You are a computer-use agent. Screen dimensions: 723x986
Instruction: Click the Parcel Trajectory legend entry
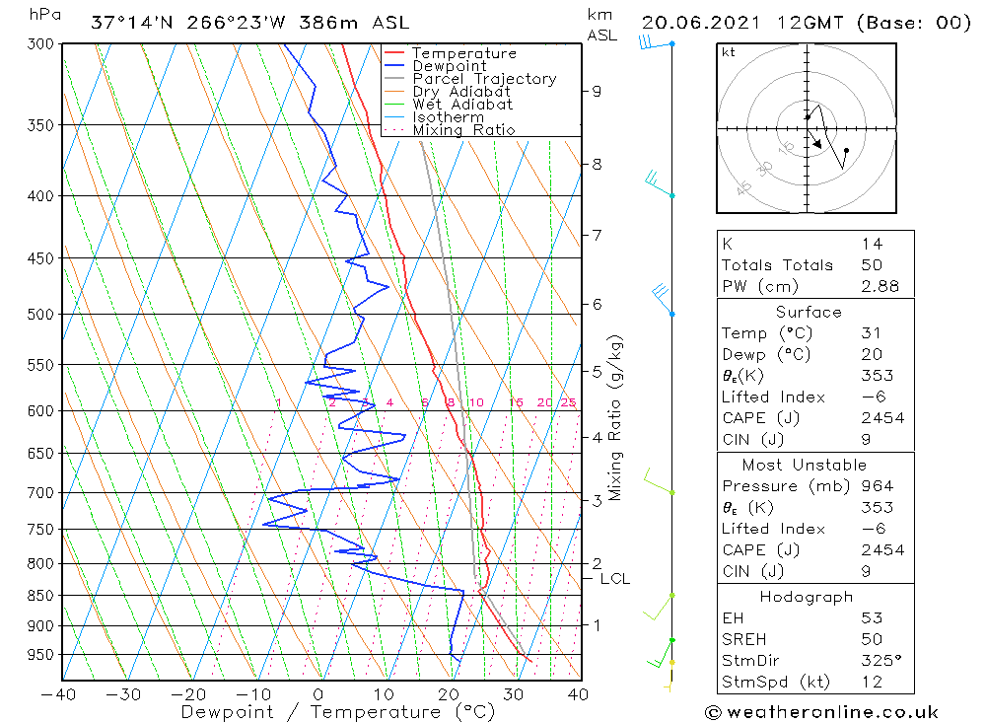(x=484, y=79)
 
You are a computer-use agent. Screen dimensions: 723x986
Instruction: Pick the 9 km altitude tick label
(x=597, y=91)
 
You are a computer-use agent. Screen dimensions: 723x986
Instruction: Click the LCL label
(x=614, y=579)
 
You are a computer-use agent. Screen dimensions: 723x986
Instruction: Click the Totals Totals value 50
(x=871, y=265)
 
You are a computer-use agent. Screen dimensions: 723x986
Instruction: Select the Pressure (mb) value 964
(x=877, y=486)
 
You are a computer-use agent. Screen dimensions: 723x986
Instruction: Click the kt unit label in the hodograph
(x=729, y=52)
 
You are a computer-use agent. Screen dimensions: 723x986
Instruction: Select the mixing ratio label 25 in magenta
(x=568, y=402)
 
